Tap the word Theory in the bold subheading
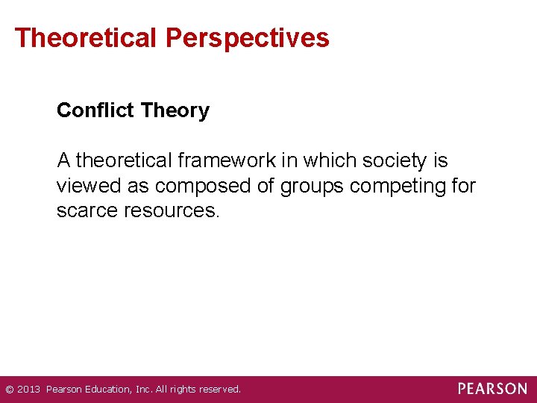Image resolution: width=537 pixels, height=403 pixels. tap(175, 110)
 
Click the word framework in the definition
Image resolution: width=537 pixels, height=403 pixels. tap(226, 160)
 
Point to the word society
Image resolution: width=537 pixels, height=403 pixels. tap(395, 160)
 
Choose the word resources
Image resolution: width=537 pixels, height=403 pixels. tap(176, 210)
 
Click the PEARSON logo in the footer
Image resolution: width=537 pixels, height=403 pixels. tap(492, 389)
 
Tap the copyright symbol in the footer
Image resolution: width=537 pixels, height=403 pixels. tap(9, 390)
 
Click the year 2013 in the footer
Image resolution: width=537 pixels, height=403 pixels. tap(28, 390)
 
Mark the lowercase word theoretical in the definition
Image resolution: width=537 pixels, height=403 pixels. tap(123, 160)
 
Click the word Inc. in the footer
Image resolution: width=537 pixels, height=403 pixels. tap(142, 390)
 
